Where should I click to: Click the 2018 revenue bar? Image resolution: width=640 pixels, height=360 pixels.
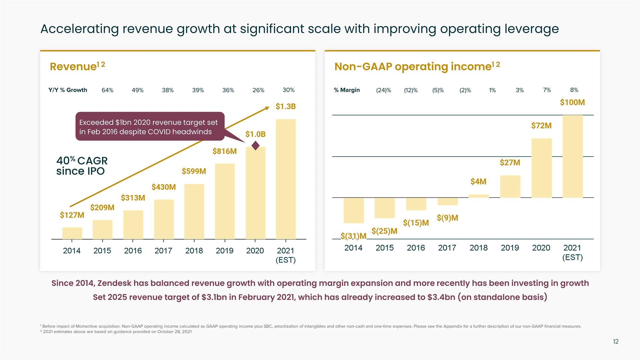point(194,211)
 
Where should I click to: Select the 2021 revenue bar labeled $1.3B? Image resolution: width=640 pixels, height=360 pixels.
point(286,179)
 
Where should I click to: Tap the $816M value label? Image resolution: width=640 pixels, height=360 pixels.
point(224,151)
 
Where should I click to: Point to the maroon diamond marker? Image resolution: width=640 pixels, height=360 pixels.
point(256,146)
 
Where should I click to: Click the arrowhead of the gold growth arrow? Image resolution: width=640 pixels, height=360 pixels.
point(267,108)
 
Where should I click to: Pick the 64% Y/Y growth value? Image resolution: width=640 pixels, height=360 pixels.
point(107,90)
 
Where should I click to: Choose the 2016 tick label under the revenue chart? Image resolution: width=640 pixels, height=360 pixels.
point(133,251)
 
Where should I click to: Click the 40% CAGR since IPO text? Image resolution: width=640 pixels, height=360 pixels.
point(82,166)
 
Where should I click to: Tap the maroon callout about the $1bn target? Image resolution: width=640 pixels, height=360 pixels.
point(150,127)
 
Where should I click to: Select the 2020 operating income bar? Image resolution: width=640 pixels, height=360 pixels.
point(541,168)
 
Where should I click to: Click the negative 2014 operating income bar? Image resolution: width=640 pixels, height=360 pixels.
point(353,210)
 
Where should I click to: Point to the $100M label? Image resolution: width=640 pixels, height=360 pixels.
point(572,102)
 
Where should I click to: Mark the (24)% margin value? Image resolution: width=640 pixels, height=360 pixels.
point(383,90)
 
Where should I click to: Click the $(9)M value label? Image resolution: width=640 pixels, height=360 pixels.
point(447,218)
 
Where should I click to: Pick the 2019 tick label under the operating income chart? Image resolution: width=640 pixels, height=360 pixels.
point(510,248)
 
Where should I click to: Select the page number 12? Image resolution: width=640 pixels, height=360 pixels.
point(616,341)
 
